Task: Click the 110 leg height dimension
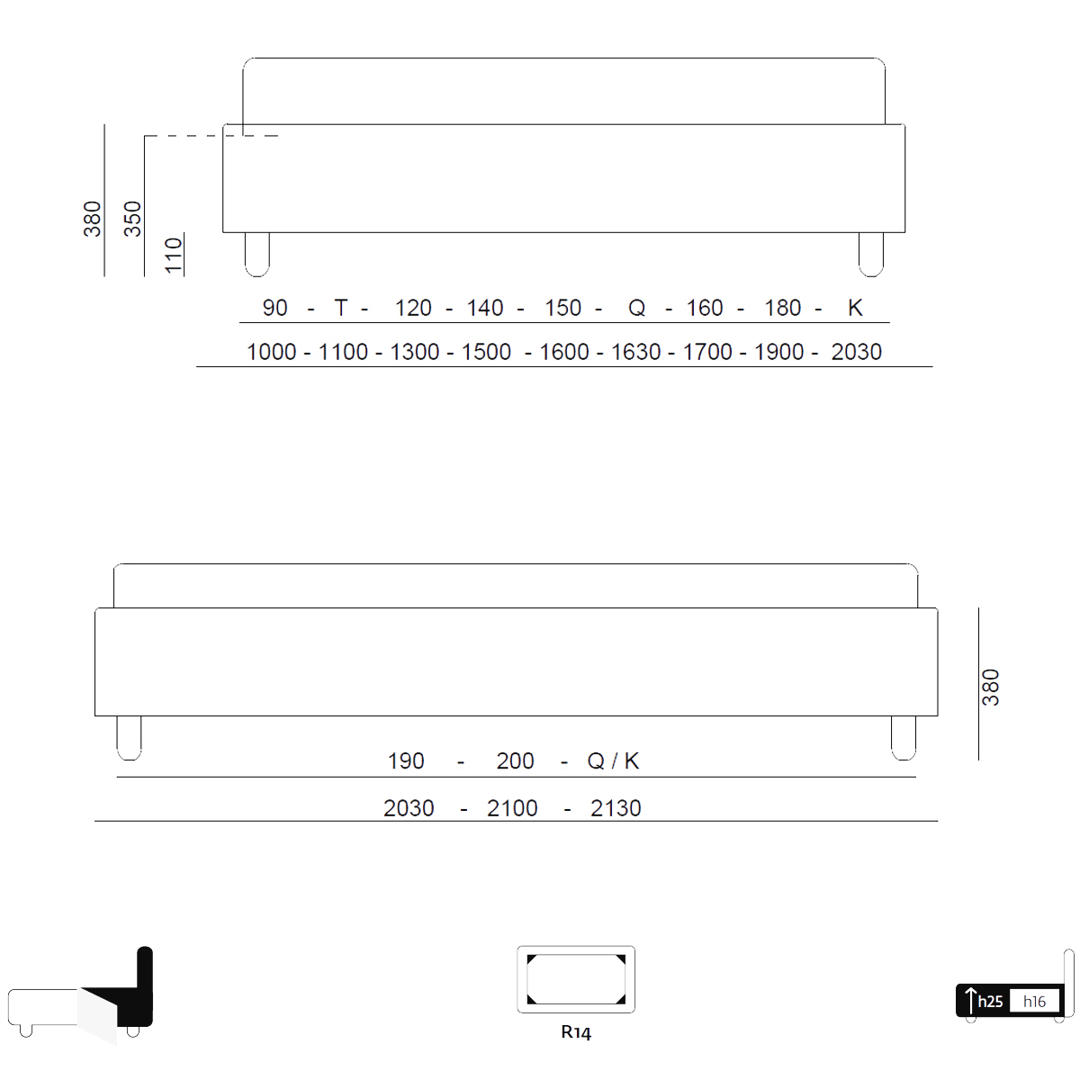click(x=174, y=255)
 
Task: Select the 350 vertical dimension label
click(x=132, y=219)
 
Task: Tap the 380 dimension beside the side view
click(x=990, y=687)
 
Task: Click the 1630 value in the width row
click(x=635, y=352)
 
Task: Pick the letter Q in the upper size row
click(x=636, y=308)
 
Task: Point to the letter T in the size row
click(x=341, y=308)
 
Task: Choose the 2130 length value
click(x=616, y=808)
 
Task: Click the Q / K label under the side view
click(x=613, y=760)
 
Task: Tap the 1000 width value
click(x=271, y=352)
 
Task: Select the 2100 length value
click(x=512, y=808)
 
